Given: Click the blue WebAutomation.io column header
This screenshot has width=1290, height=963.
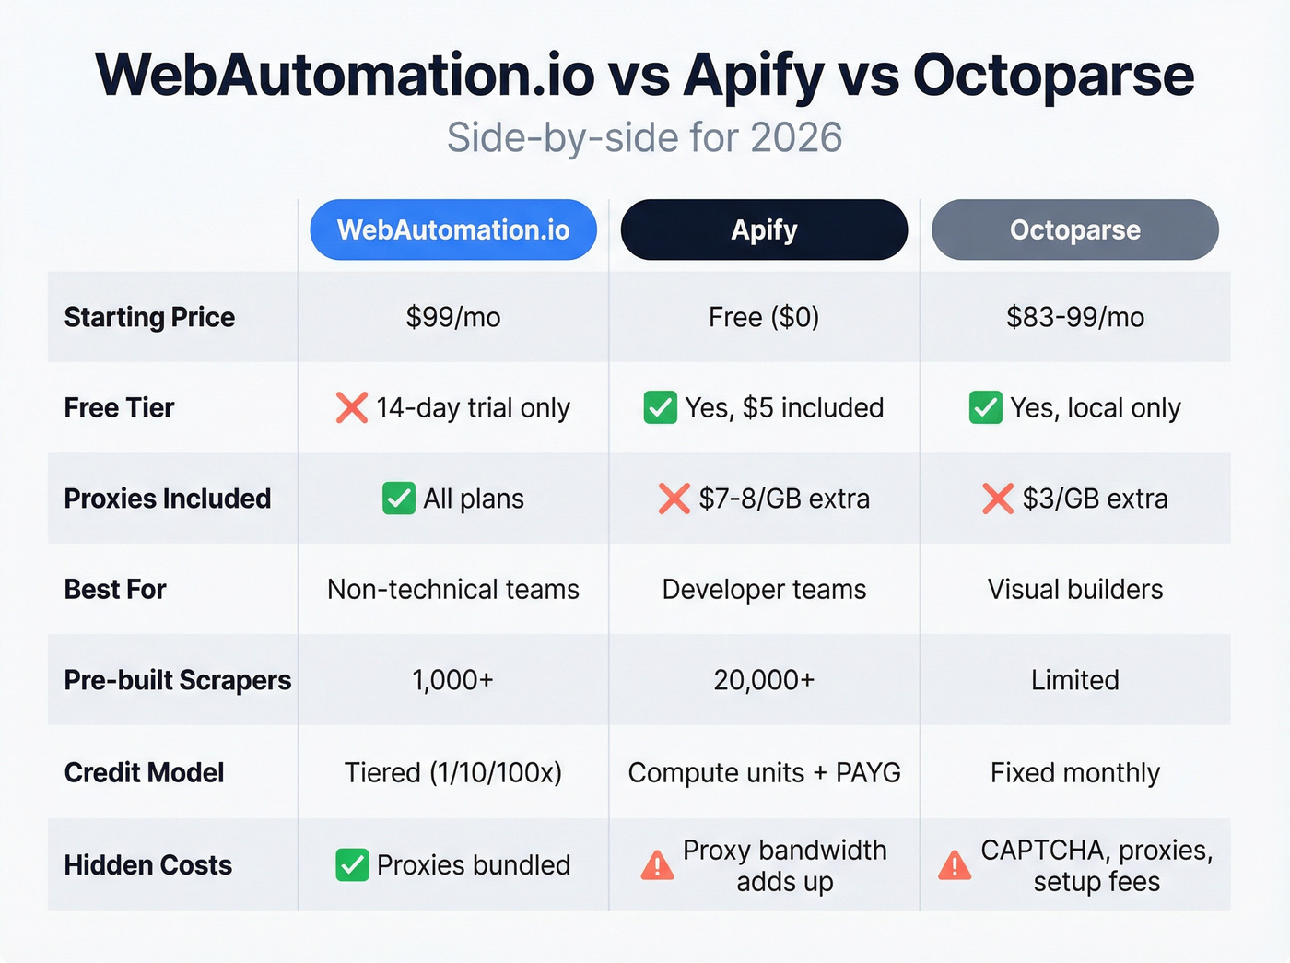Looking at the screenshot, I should tap(453, 229).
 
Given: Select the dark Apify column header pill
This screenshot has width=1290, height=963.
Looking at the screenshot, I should tap(764, 229).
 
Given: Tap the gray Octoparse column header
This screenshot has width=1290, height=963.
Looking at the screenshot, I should tap(1074, 229).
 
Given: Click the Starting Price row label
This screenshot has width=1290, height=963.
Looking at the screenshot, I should tap(149, 317).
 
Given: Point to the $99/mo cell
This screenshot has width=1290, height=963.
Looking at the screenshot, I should tap(453, 317).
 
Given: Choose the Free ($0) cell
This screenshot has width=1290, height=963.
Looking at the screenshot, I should tap(764, 317).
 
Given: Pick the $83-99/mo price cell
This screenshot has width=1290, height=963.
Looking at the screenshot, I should tap(1074, 317).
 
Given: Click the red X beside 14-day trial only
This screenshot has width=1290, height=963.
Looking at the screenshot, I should tap(352, 407).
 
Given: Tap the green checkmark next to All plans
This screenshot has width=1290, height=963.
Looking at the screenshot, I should tap(399, 499).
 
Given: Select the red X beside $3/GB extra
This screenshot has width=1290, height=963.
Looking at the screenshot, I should tap(998, 499).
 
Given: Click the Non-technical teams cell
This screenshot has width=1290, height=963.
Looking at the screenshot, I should tap(453, 589).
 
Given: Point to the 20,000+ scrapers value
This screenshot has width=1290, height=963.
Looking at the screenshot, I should tap(764, 680).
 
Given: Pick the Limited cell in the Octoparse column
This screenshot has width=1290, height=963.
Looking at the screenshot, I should tap(1074, 680).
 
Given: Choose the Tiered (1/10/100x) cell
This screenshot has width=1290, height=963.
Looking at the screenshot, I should tap(453, 772).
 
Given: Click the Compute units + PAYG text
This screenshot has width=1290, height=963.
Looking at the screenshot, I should tap(764, 772).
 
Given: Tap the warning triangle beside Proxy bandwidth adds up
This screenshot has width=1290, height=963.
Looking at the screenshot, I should tap(657, 865).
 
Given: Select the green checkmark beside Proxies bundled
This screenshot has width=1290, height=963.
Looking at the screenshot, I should tap(352, 865).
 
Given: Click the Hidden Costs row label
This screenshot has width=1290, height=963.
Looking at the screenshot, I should tap(147, 865).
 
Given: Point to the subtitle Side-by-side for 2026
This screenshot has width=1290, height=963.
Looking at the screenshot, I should tap(644, 138).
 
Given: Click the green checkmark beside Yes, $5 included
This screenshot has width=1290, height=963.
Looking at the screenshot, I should tap(660, 407).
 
